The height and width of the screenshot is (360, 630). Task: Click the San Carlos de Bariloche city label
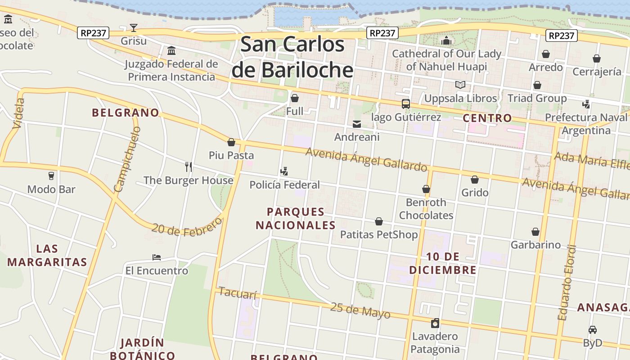(x=292, y=57)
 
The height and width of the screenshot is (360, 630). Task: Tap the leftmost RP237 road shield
(x=93, y=33)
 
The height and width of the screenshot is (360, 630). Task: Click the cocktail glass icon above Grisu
(x=134, y=28)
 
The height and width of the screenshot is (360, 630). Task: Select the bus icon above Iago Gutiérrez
(x=405, y=104)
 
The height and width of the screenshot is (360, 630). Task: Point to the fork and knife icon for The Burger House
(x=189, y=167)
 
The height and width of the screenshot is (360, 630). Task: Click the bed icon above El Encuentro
(x=157, y=257)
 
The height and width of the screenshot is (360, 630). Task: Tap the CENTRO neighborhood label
(x=487, y=118)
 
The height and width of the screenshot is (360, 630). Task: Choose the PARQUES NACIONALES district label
(x=296, y=218)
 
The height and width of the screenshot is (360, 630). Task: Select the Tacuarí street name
(x=237, y=293)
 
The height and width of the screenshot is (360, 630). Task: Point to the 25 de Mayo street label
(x=360, y=310)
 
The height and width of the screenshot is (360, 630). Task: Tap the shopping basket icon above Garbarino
(x=535, y=232)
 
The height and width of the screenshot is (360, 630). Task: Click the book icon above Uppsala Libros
(x=460, y=85)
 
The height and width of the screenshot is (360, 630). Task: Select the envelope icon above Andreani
(x=357, y=124)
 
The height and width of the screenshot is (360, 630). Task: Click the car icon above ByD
(x=593, y=330)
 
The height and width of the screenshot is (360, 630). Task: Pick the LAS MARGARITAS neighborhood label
(x=47, y=255)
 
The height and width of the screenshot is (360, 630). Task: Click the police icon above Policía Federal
(x=284, y=171)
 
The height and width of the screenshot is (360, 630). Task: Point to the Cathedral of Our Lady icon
(x=446, y=41)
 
